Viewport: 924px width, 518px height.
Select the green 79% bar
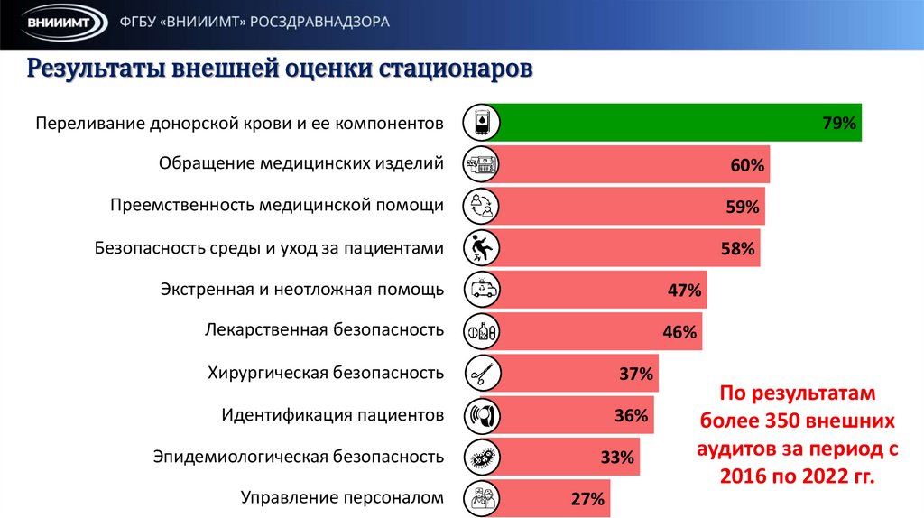pos(677,124)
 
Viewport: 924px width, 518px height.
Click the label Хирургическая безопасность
pos(326,372)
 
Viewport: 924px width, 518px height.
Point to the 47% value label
pos(684,291)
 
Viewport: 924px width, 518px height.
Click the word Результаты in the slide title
pos(94,69)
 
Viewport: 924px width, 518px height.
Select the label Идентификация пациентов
pos(332,415)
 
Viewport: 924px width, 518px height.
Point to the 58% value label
pos(736,249)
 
